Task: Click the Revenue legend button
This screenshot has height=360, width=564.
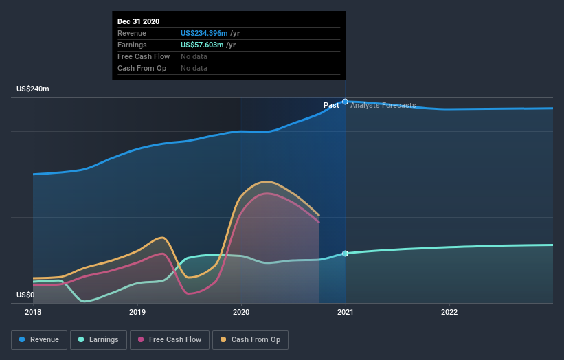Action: (x=40, y=339)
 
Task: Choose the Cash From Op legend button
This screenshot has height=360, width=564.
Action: (x=251, y=339)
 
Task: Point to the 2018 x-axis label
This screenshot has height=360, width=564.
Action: (x=33, y=312)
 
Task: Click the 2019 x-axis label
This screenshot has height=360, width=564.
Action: (x=137, y=312)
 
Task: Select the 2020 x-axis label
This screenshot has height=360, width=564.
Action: (x=241, y=312)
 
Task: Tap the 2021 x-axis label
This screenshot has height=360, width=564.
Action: (x=346, y=312)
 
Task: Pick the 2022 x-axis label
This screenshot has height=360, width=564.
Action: (x=449, y=312)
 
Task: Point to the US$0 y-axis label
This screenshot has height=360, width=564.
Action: (x=27, y=295)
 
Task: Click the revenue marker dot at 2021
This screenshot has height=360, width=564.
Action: (x=346, y=102)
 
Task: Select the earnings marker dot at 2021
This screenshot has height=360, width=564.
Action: (x=345, y=254)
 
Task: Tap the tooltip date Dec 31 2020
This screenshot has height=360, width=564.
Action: (x=139, y=21)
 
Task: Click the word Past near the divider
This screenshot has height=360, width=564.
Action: (x=331, y=105)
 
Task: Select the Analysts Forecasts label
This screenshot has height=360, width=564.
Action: (x=383, y=105)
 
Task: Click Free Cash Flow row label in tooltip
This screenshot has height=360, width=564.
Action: (x=144, y=56)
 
